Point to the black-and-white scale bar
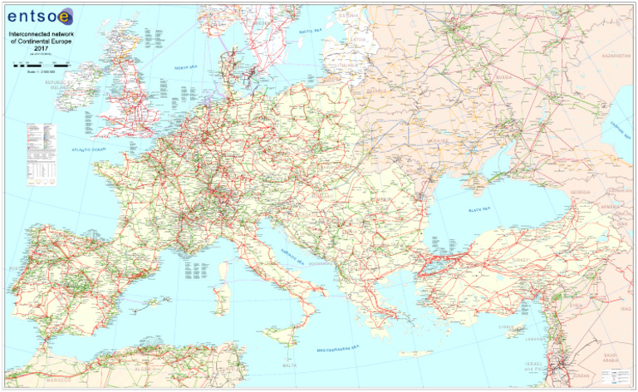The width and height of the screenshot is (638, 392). pyautogui.click(x=40, y=63)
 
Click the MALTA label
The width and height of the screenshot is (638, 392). pyautogui.click(x=289, y=365)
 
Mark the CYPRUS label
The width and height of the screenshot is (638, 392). pyautogui.click(x=508, y=327)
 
